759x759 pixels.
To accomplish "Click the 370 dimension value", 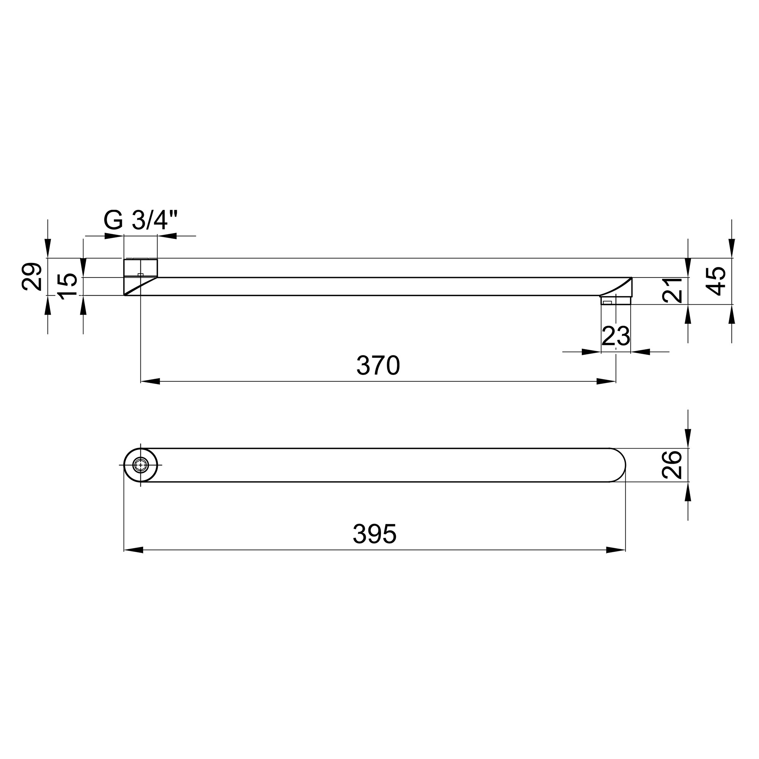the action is (x=378, y=365).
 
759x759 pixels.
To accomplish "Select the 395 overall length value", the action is (x=375, y=534).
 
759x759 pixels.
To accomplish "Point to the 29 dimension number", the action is (x=32, y=277).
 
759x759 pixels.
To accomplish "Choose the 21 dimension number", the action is (x=672, y=290).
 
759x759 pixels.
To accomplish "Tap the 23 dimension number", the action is (x=616, y=336).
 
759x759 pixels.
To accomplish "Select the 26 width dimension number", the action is (x=672, y=465).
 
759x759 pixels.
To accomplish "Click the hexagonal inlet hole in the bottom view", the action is (x=141, y=465).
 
